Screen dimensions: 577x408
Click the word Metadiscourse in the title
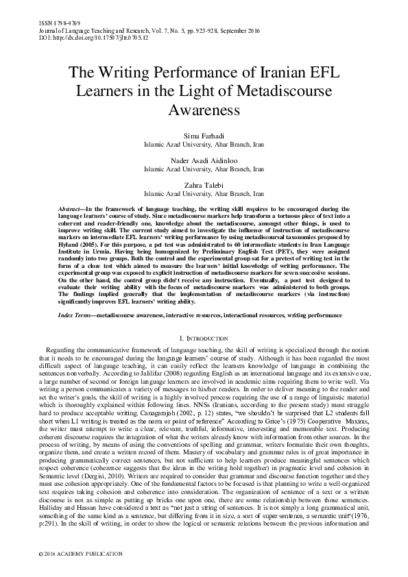pyautogui.click(x=267, y=91)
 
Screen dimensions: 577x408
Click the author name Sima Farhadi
pyautogui.click(x=204, y=137)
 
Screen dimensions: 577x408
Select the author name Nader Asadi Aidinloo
pyautogui.click(x=204, y=160)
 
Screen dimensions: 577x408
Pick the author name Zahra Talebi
pyautogui.click(x=204, y=184)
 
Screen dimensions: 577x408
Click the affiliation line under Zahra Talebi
pyautogui.click(x=204, y=193)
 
